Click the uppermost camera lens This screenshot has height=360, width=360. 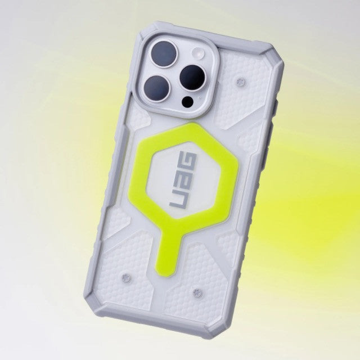coord(165,55)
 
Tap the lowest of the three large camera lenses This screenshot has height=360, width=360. coord(157,89)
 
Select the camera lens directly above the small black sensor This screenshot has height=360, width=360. coord(192,78)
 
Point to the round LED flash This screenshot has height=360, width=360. coord(199,52)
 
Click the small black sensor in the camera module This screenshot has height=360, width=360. coord(188,102)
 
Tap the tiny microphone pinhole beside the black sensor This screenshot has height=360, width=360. coord(200,97)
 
